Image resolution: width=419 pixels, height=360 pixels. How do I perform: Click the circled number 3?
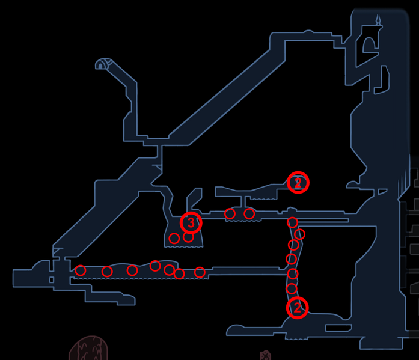191,222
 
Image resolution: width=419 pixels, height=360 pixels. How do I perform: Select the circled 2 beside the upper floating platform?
298,183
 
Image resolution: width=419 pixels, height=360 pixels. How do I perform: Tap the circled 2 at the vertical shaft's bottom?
297,308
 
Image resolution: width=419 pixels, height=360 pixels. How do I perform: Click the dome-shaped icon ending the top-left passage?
103,64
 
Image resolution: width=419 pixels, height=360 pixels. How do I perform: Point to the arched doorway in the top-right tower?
370,46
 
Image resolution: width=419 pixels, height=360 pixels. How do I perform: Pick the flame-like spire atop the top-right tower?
378,20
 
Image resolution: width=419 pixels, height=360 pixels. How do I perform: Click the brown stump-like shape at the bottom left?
88,348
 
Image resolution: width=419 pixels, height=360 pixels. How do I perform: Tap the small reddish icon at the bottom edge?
265,355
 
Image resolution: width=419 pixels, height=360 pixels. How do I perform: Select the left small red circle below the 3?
174,238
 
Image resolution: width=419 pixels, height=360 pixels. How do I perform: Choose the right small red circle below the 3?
188,237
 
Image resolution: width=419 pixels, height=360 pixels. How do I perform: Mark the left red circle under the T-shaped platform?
230,213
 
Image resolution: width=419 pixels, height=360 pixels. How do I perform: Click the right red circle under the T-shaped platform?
249,213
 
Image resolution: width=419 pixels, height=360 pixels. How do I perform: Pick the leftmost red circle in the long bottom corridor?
80,270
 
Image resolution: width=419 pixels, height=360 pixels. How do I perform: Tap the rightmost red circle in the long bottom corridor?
200,272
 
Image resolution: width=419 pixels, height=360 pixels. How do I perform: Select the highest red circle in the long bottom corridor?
155,266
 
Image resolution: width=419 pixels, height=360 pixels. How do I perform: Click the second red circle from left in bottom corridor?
107,272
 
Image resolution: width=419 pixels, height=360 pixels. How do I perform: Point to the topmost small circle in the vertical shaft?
292,222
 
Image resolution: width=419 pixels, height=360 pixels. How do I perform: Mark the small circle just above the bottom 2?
292,288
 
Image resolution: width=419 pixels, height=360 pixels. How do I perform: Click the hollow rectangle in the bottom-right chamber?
338,328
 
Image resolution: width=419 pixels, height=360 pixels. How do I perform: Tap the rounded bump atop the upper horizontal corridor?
308,31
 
